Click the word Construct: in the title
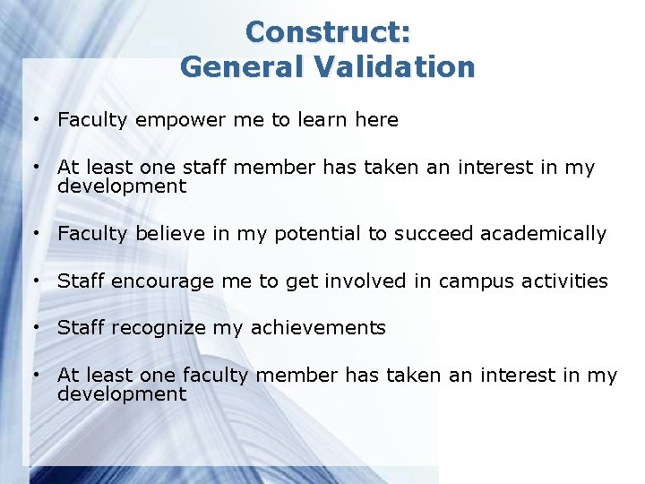click(x=328, y=32)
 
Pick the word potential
click(x=314, y=235)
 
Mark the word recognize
click(x=159, y=328)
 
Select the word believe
click(x=172, y=234)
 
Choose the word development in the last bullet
click(x=122, y=394)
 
